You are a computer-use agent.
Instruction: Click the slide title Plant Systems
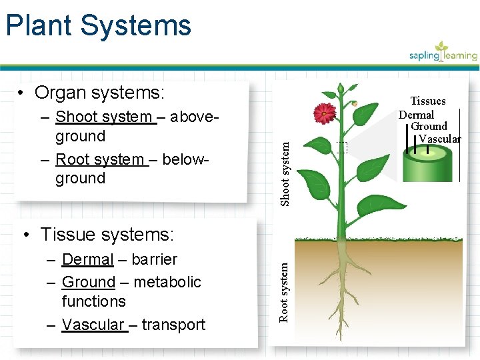point(98,25)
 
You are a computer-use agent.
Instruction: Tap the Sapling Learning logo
point(443,52)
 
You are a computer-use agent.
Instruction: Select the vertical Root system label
point(285,291)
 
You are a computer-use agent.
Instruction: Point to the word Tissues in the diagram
point(427,101)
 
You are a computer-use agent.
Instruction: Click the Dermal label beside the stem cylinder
point(416,115)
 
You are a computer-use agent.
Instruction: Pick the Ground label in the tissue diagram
point(429,126)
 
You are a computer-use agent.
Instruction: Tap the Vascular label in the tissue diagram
point(439,139)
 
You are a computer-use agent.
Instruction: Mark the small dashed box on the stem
point(342,148)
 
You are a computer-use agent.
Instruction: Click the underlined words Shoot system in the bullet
point(104,117)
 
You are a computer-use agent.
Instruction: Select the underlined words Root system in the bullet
point(100,159)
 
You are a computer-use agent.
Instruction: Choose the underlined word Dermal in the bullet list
point(87,259)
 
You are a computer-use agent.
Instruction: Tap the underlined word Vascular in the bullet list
point(93,325)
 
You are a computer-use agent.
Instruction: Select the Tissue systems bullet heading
point(107,235)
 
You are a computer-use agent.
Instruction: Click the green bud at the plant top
point(341,88)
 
